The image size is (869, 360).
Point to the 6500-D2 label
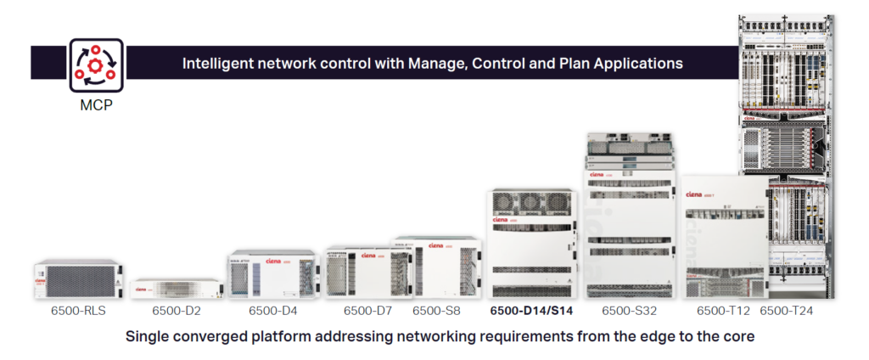tap(177, 311)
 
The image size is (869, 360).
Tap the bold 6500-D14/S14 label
tap(532, 311)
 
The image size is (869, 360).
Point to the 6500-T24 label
tap(787, 311)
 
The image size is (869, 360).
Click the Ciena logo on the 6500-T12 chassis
tap(695, 194)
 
